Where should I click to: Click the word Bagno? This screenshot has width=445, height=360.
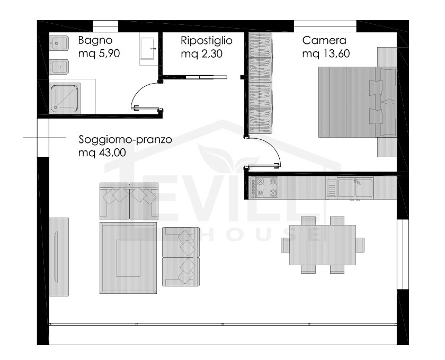point(95,41)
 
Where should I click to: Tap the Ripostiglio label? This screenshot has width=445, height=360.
point(206,41)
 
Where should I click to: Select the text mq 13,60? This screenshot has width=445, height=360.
point(326,53)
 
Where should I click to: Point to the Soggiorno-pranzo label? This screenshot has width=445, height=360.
point(125,140)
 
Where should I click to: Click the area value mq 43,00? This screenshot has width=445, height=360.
point(102,152)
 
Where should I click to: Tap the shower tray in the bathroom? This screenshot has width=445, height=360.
point(65,98)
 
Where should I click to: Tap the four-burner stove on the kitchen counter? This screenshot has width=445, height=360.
point(264,187)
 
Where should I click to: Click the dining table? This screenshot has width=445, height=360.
point(323,245)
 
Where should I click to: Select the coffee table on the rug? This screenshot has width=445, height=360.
point(128,258)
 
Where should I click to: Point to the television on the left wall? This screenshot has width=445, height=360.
point(56,257)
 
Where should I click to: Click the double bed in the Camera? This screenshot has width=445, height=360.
point(357,102)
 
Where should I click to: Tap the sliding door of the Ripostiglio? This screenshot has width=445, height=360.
point(206,77)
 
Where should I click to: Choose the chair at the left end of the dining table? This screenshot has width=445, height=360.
point(285,245)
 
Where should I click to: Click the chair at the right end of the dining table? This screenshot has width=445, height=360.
point(360,245)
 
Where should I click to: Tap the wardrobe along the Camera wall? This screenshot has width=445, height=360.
point(261,83)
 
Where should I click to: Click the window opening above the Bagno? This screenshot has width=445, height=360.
point(105,26)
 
